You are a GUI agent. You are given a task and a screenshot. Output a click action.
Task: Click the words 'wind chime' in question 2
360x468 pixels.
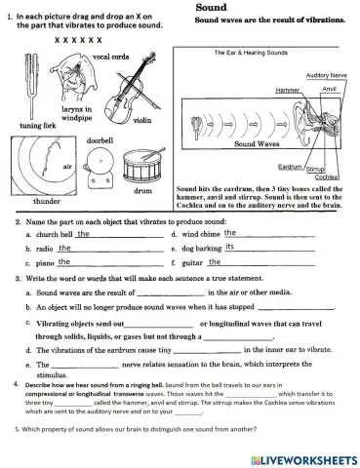click(198, 235)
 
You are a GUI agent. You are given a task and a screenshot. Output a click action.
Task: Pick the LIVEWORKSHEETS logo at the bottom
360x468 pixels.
click(306, 456)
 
